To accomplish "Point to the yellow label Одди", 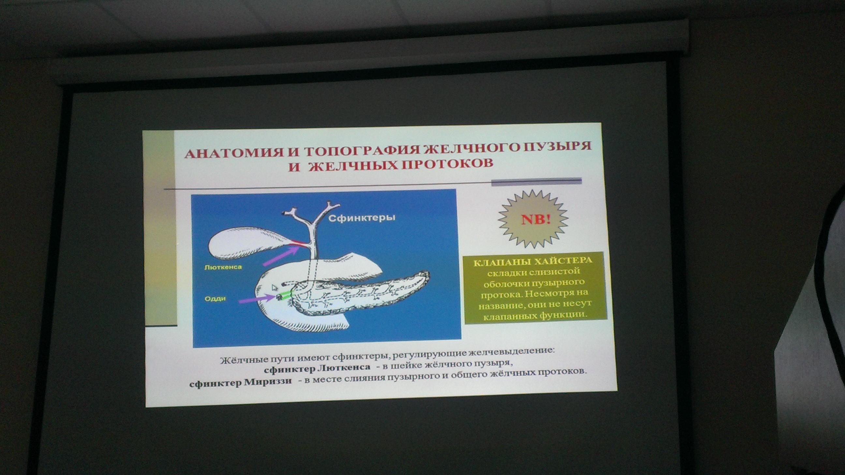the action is point(215,299).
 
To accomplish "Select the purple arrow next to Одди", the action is point(257,300).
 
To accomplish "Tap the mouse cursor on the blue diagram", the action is point(274,288).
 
